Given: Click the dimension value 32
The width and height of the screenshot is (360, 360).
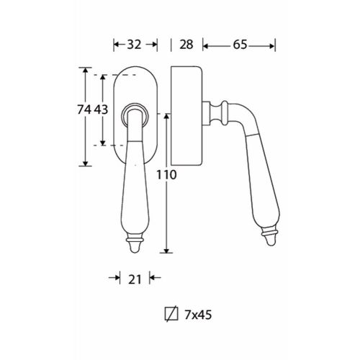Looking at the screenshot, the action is coord(134,45).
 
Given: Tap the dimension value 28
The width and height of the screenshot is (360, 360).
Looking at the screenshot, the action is coord(186,45).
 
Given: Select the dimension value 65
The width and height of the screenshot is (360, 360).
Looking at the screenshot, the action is coord(240,45).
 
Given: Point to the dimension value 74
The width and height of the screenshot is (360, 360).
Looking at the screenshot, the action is coord(84,109).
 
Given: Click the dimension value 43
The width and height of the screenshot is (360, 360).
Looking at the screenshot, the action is coord(101,109).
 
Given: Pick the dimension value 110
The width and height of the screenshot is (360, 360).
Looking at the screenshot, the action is coord(166,175).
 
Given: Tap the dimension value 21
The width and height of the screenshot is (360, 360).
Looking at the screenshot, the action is coord(135,279).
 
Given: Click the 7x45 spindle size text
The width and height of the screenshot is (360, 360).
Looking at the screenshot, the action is coord(198,315).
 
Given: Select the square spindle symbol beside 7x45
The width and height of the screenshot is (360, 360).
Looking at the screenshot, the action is coord(171,314).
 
